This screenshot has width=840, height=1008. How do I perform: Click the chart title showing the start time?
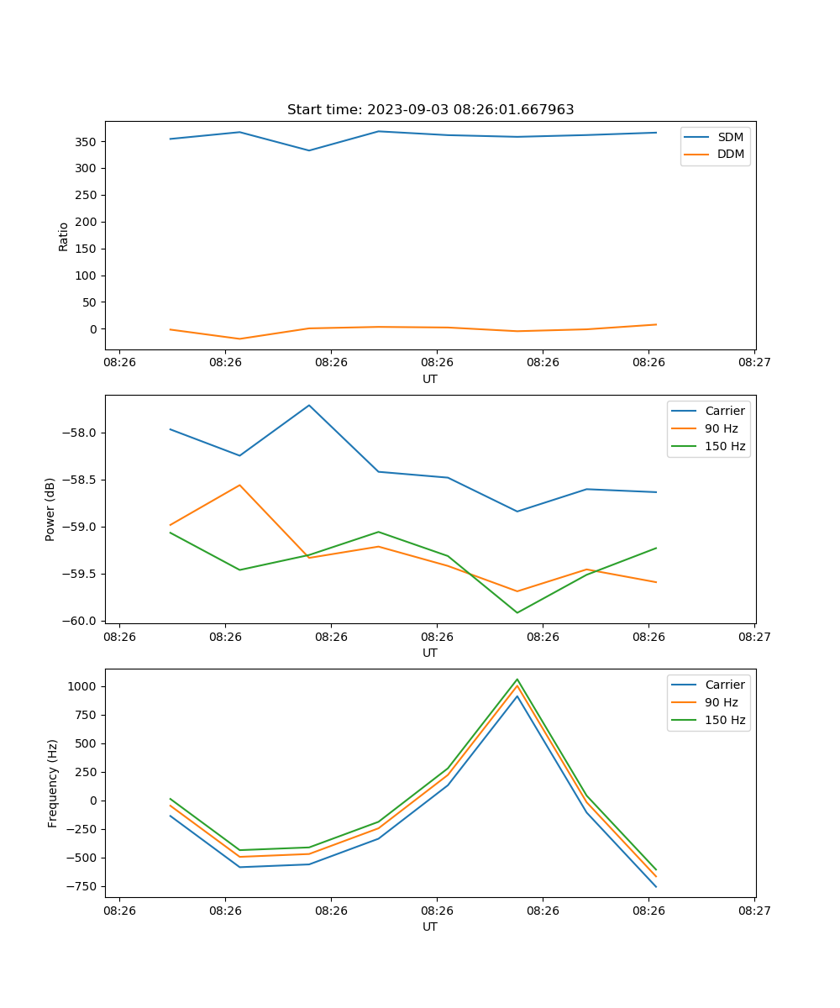430,110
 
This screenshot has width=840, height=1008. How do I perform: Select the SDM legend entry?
730,137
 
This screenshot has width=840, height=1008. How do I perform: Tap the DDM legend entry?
730,154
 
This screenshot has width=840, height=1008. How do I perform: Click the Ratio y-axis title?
64,236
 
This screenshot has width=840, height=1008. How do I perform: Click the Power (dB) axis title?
50,509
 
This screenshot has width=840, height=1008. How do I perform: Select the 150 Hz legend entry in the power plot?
725,446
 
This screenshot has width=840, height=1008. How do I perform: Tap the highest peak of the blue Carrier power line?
309,405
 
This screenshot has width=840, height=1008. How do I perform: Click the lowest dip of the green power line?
517,612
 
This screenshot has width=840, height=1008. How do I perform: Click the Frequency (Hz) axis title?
53,783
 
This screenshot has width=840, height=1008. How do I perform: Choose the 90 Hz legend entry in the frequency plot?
722,702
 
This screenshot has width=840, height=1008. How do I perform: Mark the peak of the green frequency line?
517,679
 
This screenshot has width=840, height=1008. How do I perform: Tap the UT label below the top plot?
430,379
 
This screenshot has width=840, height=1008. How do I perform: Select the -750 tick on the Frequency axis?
85,886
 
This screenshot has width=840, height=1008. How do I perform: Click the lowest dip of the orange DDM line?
240,339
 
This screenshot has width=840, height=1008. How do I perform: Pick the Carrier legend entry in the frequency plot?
725,685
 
